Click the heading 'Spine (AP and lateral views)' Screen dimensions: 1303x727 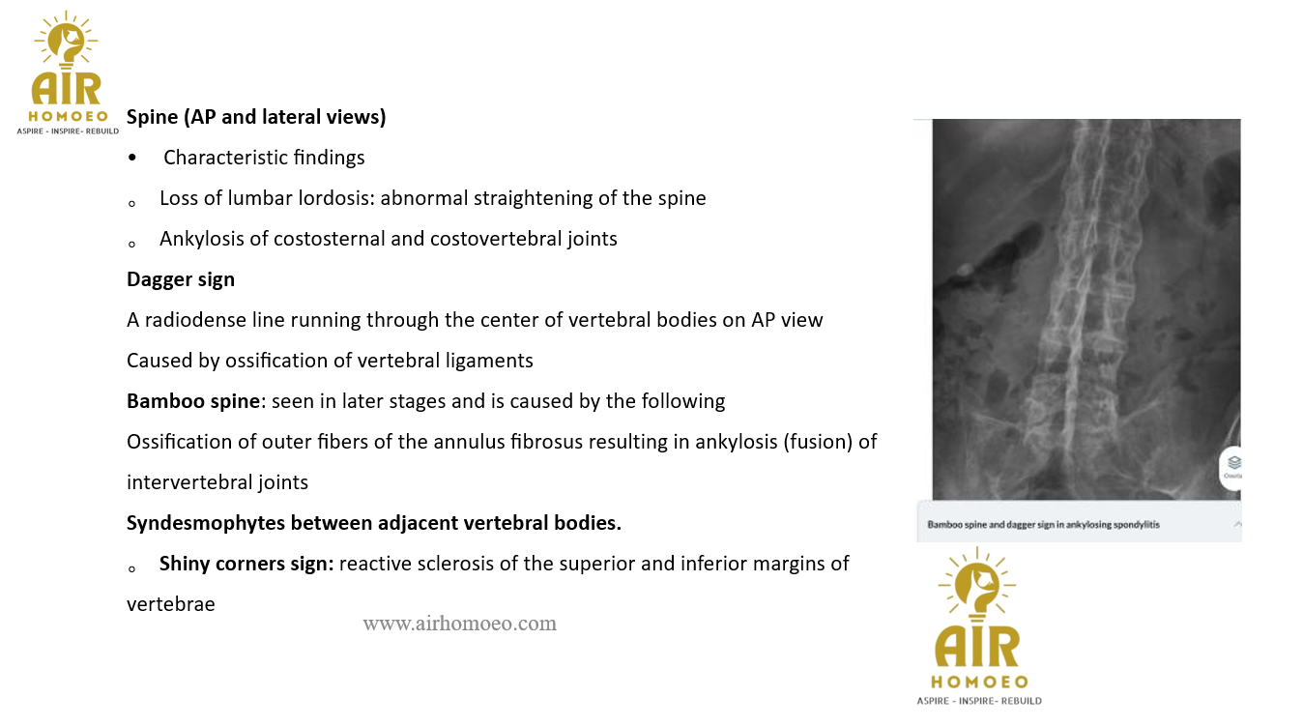tap(256, 117)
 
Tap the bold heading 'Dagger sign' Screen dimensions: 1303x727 tap(181, 279)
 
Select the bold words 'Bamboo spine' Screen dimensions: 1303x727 tap(193, 401)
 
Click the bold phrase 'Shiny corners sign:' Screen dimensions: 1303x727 tap(246, 564)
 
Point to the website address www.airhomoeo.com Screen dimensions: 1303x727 tap(459, 624)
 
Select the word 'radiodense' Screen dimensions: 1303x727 tap(195, 320)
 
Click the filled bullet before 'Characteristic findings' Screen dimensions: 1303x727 tap(132, 158)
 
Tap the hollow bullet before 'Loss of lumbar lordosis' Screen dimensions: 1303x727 tap(132, 204)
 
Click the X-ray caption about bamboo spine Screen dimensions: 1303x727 tap(1043, 525)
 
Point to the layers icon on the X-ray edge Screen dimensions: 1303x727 tap(1233, 463)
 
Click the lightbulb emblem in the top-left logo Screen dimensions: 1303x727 tap(66, 40)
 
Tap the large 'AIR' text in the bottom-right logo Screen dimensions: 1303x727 tap(977, 646)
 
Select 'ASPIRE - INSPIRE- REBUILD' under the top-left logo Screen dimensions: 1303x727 tap(68, 131)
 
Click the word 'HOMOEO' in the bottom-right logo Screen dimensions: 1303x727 tap(979, 683)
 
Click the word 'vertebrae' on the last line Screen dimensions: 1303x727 tap(171, 604)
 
